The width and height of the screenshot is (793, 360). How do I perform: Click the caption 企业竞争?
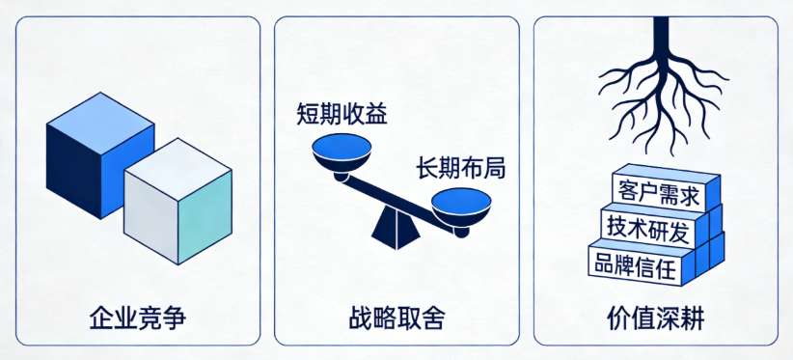[x=136, y=317]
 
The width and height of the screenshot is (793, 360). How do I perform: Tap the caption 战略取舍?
[x=396, y=317]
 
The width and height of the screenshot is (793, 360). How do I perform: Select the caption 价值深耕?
[x=656, y=317]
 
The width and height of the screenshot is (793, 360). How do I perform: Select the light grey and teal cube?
[x=178, y=203]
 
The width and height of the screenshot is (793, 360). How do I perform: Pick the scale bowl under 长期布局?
[x=462, y=206]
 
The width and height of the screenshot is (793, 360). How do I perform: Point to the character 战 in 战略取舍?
[x=361, y=317]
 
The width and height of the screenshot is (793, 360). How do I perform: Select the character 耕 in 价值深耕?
[x=692, y=317]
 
